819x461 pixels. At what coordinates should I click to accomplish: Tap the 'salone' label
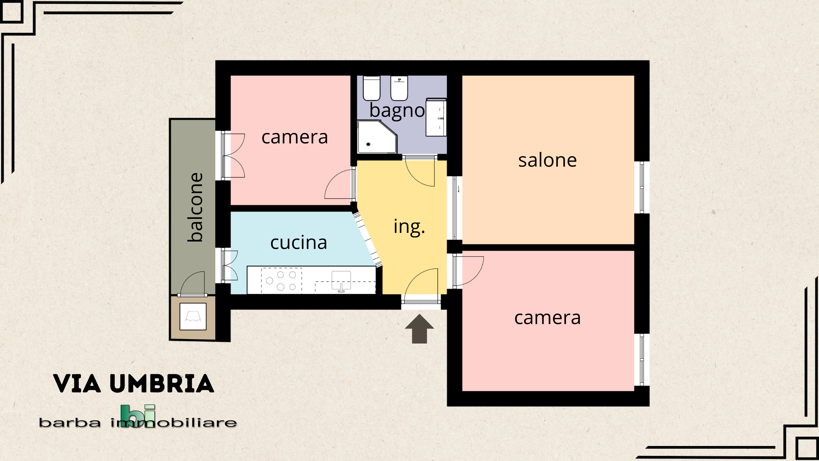click(547, 160)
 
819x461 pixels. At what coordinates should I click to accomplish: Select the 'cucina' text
click(299, 243)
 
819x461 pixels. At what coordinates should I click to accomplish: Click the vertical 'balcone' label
click(196, 207)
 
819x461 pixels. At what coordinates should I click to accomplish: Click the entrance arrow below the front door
click(419, 329)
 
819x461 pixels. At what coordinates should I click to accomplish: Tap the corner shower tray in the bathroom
click(377, 137)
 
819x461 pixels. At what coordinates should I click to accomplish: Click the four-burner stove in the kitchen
click(282, 281)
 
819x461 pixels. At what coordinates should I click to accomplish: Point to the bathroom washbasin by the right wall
click(436, 117)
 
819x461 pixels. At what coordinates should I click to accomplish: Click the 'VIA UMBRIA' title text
click(134, 384)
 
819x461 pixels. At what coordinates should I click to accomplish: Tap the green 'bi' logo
click(138, 416)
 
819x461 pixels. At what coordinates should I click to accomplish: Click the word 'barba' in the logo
click(70, 423)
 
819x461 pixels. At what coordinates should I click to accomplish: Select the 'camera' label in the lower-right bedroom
click(547, 318)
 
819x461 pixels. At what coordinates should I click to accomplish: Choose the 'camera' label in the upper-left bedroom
click(295, 137)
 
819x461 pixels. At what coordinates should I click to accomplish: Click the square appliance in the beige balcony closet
click(193, 317)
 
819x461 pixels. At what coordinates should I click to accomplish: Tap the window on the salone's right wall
click(642, 187)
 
